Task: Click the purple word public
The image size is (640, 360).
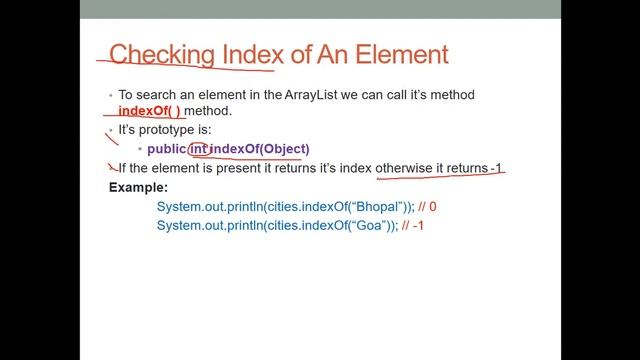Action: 166,149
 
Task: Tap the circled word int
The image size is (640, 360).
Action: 199,149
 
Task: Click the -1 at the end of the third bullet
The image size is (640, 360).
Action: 495,169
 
